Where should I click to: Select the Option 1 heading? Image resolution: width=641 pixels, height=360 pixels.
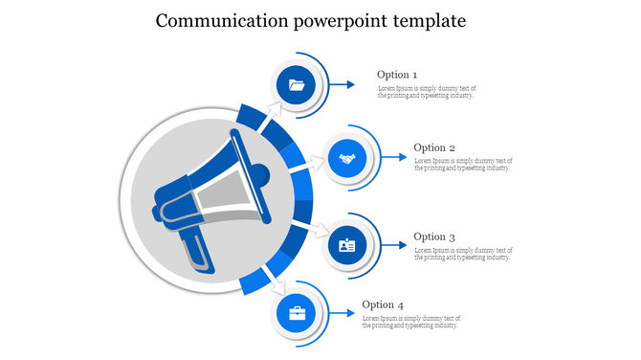397,75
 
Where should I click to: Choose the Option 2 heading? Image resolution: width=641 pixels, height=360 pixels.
434,147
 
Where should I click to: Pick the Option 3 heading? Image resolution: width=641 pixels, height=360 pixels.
434,236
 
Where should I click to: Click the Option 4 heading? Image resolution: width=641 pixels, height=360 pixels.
383,305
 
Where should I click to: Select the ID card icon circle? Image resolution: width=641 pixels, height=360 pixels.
346,246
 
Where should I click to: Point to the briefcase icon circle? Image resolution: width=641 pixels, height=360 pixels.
297,313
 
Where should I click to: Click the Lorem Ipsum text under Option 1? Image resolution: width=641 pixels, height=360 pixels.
426,92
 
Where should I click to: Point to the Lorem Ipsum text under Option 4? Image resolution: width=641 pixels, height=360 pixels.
411,322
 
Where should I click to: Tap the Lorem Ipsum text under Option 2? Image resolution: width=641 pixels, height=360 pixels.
463,165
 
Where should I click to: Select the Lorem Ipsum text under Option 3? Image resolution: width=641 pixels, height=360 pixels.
463,254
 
